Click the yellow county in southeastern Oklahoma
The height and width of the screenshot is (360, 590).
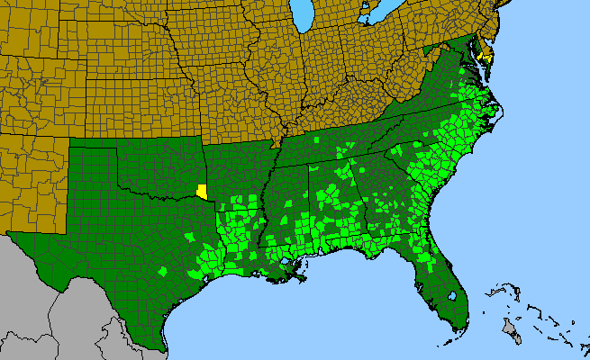[x=203, y=191]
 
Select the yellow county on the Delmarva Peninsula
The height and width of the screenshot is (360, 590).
[x=486, y=56]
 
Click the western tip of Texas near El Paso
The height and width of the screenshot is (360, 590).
[x=11, y=235]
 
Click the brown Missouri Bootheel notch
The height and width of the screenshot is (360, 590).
[x=278, y=142]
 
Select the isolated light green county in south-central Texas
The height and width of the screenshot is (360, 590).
[x=163, y=271]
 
